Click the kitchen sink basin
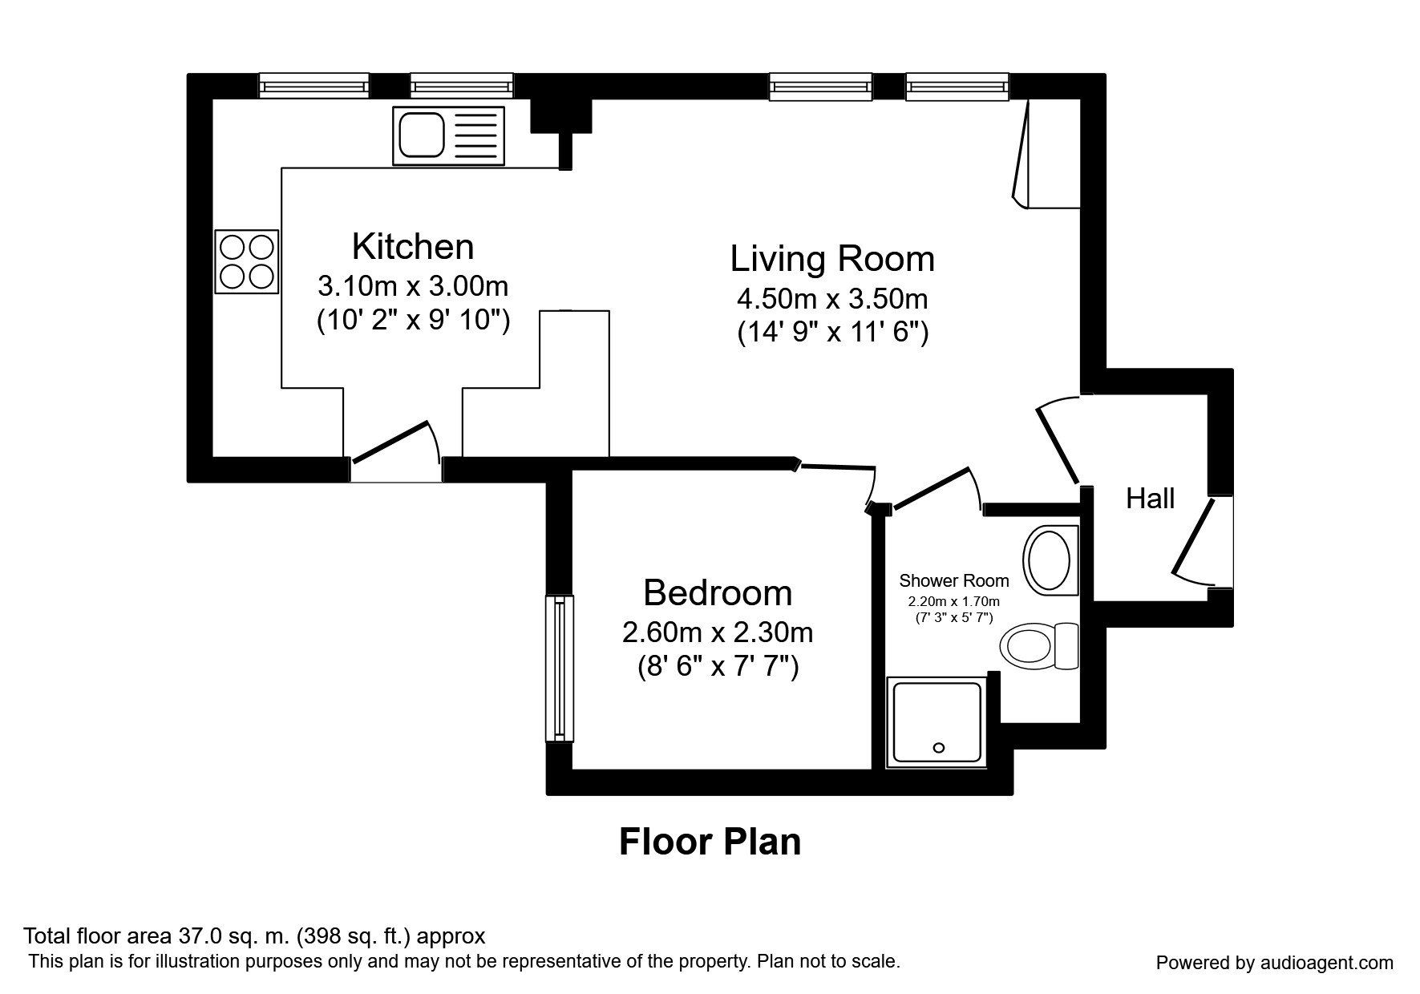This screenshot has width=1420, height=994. [x=422, y=135]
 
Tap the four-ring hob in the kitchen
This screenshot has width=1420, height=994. [x=247, y=261]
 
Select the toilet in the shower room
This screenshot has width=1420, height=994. [x=1039, y=645]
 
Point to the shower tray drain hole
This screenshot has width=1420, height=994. [x=939, y=748]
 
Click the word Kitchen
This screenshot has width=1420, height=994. [x=413, y=247]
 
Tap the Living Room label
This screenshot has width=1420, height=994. [x=832, y=259]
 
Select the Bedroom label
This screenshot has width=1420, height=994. [x=718, y=593]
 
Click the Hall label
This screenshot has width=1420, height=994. [x=1150, y=499]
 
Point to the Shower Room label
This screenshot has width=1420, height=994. [x=954, y=580]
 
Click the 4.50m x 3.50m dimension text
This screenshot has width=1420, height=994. [x=832, y=299]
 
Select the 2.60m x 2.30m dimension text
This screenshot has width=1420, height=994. [x=718, y=632]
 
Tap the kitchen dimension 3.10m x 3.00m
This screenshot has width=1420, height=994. [x=413, y=285]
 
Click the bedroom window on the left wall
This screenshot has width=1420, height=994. [x=559, y=669]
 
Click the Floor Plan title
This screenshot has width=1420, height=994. [x=710, y=842]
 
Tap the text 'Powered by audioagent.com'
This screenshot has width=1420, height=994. [x=1275, y=963]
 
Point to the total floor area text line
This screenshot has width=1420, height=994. [x=254, y=935]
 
